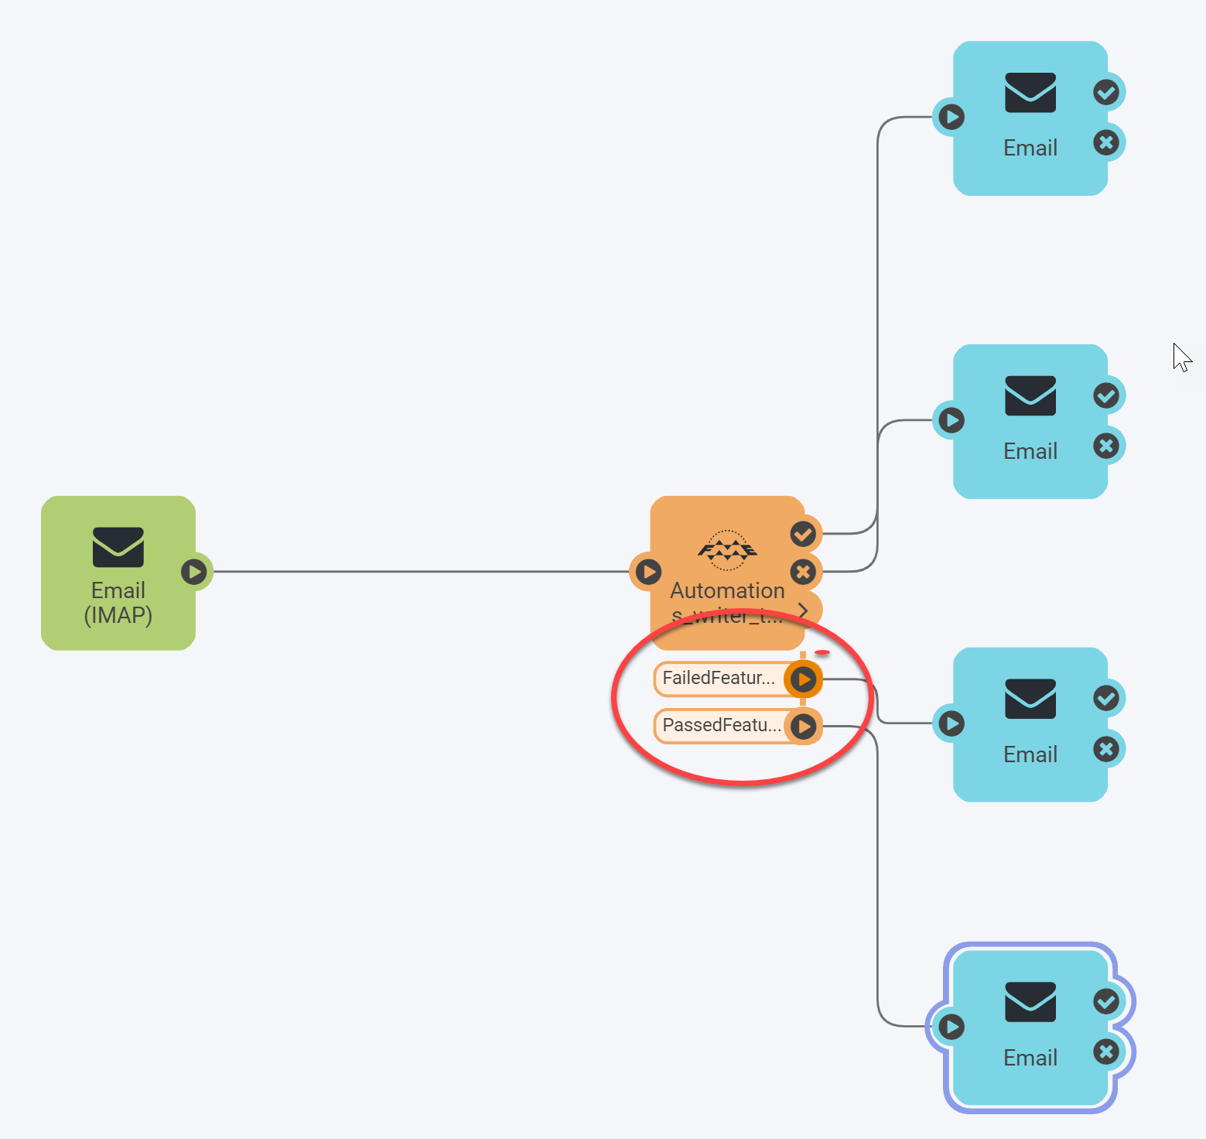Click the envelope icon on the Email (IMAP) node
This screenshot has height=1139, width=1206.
coord(118,546)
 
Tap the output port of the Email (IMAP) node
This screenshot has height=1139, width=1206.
coord(193,572)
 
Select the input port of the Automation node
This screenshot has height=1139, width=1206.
coord(648,572)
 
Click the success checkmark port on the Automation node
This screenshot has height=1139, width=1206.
coord(803,534)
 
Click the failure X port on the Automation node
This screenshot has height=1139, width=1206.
coord(803,572)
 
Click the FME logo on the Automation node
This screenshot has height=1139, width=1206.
coord(727,549)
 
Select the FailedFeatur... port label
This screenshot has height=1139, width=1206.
coord(719,679)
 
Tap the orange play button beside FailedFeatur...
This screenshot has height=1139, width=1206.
coord(804,679)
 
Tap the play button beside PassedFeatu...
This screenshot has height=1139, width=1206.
coord(805,727)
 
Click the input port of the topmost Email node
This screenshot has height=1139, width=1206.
coord(951,117)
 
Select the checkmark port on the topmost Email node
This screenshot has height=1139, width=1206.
coord(1106,93)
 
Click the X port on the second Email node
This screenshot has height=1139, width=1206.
coord(1106,446)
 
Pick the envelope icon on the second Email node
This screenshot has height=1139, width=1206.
coord(1030,395)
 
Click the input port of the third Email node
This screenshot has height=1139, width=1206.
coord(951,723)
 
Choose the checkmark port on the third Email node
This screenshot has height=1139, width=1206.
coord(1106,699)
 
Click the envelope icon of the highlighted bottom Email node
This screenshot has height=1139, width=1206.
coord(1030,1002)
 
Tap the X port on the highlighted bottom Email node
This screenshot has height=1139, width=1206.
coord(1106,1052)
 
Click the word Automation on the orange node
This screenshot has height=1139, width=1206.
coord(727,590)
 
